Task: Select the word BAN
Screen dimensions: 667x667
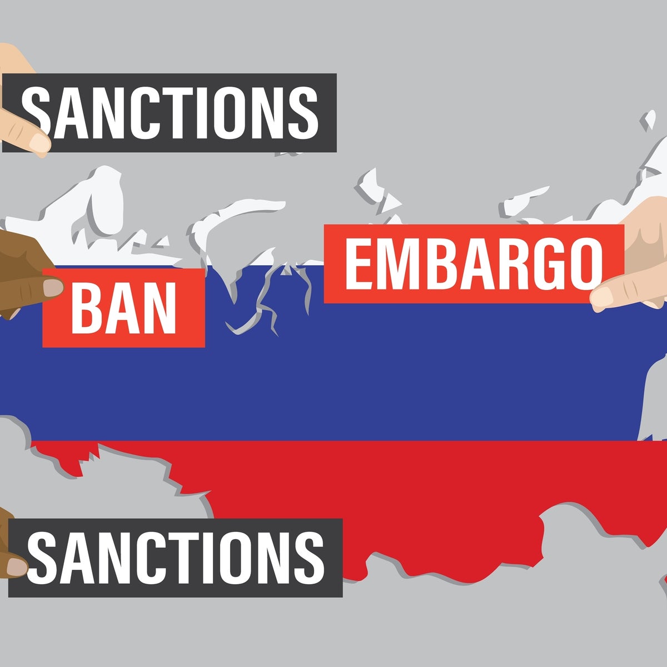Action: [124, 307]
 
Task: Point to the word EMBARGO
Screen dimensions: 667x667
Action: [474, 264]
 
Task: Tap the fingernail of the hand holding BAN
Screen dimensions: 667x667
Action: [53, 287]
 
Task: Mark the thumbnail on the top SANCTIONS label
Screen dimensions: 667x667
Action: [38, 143]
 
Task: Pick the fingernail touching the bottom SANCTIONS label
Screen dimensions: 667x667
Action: [17, 568]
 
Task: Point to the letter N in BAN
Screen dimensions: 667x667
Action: [159, 307]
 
